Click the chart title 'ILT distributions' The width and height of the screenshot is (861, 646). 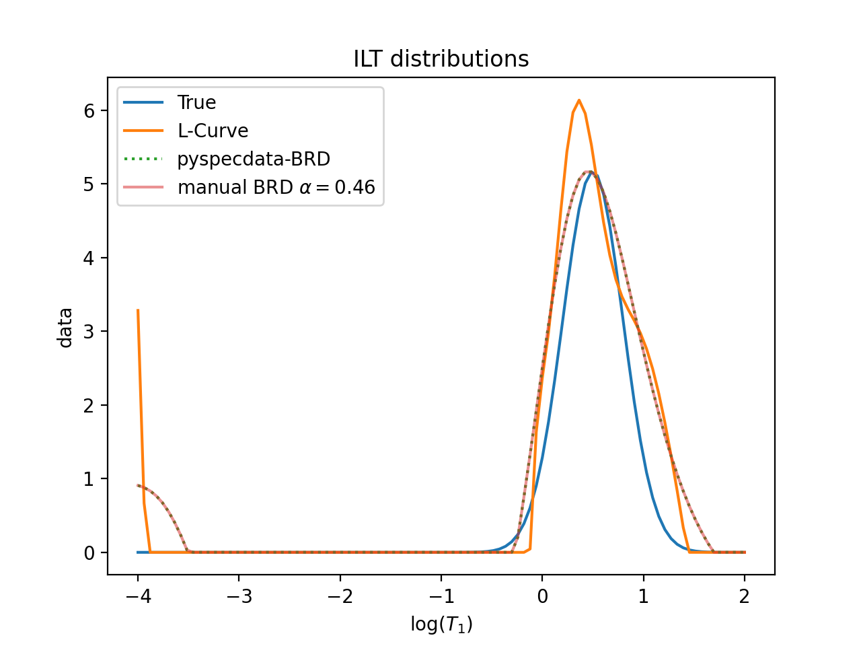click(441, 59)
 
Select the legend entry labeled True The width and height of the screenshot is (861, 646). click(196, 102)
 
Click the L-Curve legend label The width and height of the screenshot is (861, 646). click(213, 131)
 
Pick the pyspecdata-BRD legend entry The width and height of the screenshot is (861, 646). click(254, 159)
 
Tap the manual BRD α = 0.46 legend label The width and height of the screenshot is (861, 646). click(276, 187)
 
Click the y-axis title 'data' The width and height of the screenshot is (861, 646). click(65, 327)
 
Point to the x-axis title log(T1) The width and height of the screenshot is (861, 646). click(441, 624)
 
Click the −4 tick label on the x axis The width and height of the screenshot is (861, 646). click(138, 596)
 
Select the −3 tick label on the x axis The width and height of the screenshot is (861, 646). click(239, 596)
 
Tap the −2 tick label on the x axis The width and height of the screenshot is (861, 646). click(340, 596)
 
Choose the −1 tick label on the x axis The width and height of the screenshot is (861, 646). click(441, 596)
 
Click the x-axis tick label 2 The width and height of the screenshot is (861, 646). click(745, 596)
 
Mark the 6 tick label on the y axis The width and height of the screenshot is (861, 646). click(89, 110)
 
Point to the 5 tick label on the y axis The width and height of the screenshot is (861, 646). click(89, 184)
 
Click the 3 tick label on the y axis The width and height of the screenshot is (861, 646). click(89, 331)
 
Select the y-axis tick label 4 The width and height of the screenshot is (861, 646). click(89, 258)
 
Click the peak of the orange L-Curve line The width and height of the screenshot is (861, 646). click(578, 100)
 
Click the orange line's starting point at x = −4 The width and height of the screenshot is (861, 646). click(138, 310)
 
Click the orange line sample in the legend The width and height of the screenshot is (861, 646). click(143, 131)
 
